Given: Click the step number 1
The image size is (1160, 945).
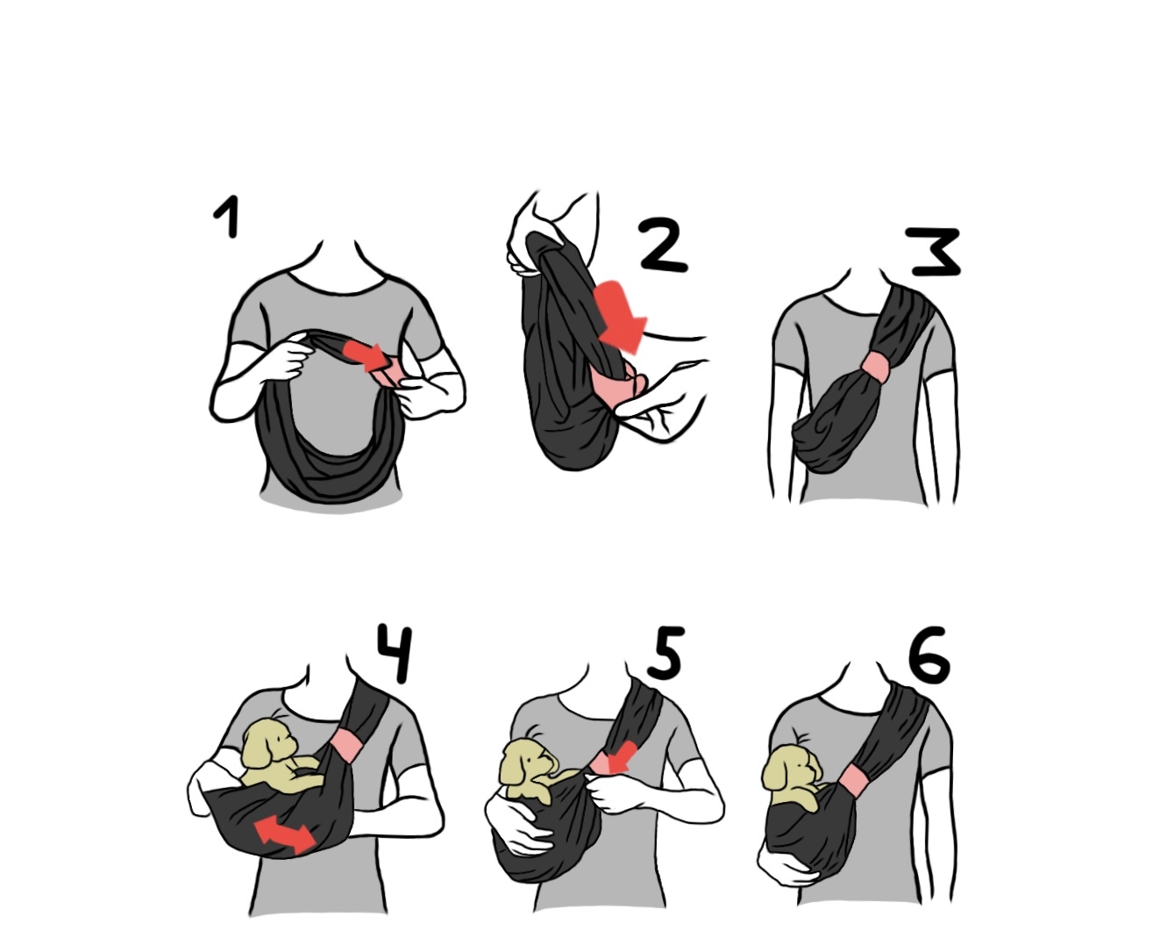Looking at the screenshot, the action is pos(228,217).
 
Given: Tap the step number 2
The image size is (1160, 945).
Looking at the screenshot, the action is pos(664,245).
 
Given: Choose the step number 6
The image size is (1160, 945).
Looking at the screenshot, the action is pos(929,655).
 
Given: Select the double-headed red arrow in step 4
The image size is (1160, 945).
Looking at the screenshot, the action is pos(285,836).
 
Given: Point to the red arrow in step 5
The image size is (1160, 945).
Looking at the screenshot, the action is pos(621,759).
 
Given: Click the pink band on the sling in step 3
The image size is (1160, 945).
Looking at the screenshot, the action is pos(875,368).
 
